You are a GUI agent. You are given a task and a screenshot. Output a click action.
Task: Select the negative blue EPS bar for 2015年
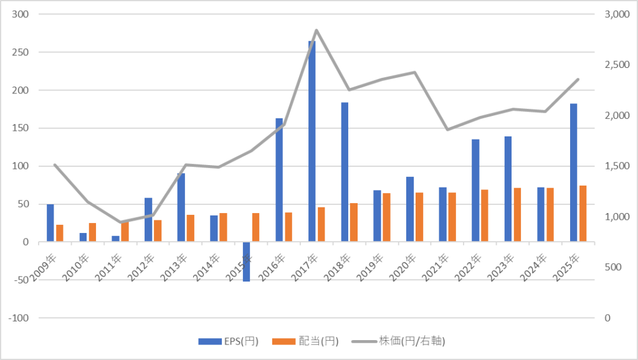tap(246, 262)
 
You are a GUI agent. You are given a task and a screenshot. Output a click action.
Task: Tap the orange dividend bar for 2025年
tap(583, 214)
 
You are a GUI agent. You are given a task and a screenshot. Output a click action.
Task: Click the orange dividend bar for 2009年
tap(59, 234)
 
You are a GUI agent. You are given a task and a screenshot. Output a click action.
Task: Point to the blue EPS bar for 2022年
tap(475, 191)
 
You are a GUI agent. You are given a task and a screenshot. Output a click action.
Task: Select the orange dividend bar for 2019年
tap(386, 217)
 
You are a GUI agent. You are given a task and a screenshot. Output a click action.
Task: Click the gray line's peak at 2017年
tap(317, 30)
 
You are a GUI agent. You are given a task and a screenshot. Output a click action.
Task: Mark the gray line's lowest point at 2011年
tap(120, 222)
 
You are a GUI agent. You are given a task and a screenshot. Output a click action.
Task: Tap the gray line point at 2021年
tap(447, 130)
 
